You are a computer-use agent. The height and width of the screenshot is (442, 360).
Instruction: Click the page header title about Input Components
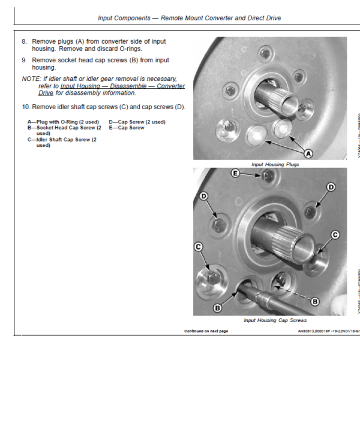tap(189, 18)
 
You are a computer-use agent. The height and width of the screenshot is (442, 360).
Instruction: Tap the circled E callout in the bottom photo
tap(236, 173)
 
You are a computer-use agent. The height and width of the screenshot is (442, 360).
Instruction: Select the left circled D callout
tap(203, 196)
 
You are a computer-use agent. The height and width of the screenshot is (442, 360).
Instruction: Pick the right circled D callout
tap(331, 187)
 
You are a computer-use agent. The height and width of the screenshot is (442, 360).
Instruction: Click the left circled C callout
tap(198, 246)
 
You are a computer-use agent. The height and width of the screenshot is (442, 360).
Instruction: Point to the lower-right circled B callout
tap(313, 302)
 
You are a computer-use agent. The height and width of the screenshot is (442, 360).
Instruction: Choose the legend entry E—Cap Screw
tap(127, 127)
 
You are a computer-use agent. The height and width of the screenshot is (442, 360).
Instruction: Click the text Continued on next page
tap(206, 331)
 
